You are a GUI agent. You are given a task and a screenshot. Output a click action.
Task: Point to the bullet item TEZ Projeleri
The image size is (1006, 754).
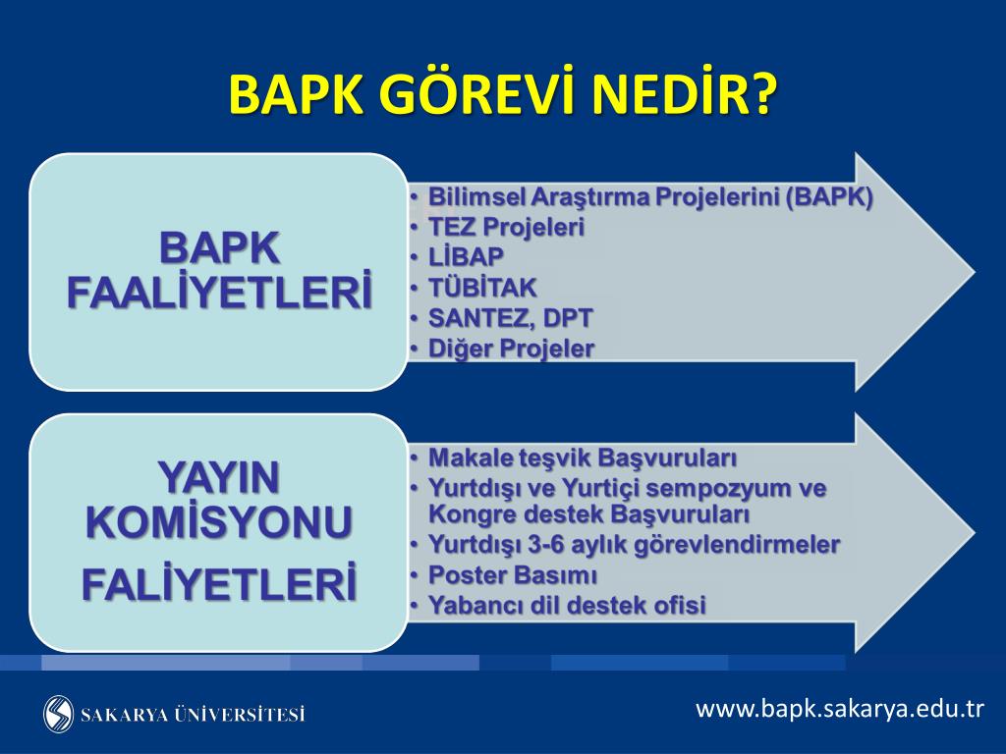click(506, 227)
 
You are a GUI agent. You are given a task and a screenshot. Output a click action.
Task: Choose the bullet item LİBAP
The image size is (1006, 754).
click(466, 256)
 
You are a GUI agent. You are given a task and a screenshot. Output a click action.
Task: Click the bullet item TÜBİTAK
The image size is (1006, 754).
click(481, 288)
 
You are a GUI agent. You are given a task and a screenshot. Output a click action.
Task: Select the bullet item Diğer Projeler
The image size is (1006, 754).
click(511, 349)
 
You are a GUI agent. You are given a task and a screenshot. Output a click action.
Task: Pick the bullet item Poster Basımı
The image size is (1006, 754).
click(512, 575)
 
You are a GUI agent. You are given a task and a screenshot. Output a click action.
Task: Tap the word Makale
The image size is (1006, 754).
click(470, 458)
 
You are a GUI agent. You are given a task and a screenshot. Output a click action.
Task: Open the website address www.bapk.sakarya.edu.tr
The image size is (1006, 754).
click(839, 709)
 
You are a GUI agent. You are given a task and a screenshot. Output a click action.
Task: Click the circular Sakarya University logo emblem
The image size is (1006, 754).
click(58, 714)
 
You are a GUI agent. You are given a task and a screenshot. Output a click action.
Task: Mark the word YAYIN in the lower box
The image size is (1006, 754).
click(219, 477)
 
